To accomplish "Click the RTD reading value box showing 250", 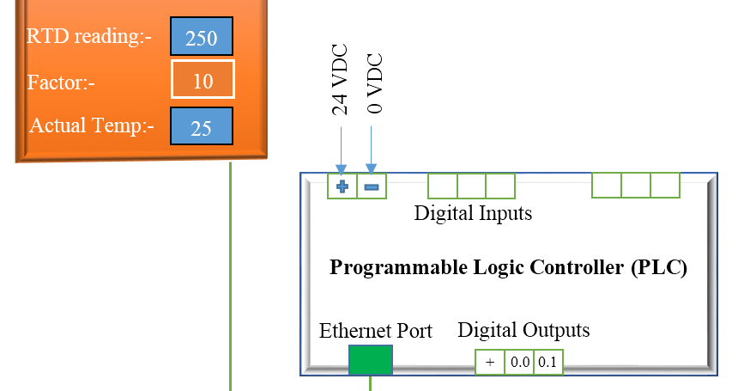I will tap(201, 39).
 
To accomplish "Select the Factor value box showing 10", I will tap(203, 81).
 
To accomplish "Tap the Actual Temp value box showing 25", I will tap(201, 127).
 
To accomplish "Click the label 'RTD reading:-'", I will tap(89, 37).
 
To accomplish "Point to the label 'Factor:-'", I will tap(61, 82).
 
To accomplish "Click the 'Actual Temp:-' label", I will tap(92, 126).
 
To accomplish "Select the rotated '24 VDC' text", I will tap(341, 80).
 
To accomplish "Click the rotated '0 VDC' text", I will tap(373, 84).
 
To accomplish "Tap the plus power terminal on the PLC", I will tap(342, 186).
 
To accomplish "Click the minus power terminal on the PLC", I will tap(372, 186).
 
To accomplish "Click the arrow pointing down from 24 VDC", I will tap(342, 150).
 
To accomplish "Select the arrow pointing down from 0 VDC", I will tap(371, 150).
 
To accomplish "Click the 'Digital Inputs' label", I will tap(473, 212).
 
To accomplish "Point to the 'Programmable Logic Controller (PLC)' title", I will tap(509, 267).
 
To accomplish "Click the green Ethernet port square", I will tap(371, 360).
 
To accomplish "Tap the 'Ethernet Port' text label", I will tap(376, 331).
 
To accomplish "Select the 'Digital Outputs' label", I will tap(523, 330).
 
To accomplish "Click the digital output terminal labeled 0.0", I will tap(519, 362).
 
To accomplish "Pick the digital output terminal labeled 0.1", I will tap(547, 362).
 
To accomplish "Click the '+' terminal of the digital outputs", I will tap(490, 362).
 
